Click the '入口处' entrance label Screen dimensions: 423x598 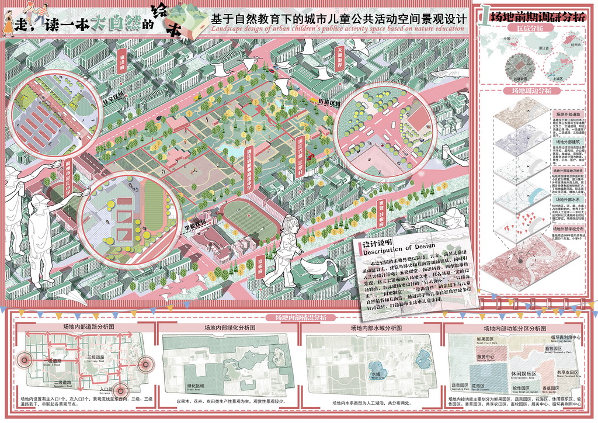click(106, 389)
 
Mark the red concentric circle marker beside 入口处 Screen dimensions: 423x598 click(122, 390)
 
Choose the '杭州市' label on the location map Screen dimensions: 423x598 click(578, 43)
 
